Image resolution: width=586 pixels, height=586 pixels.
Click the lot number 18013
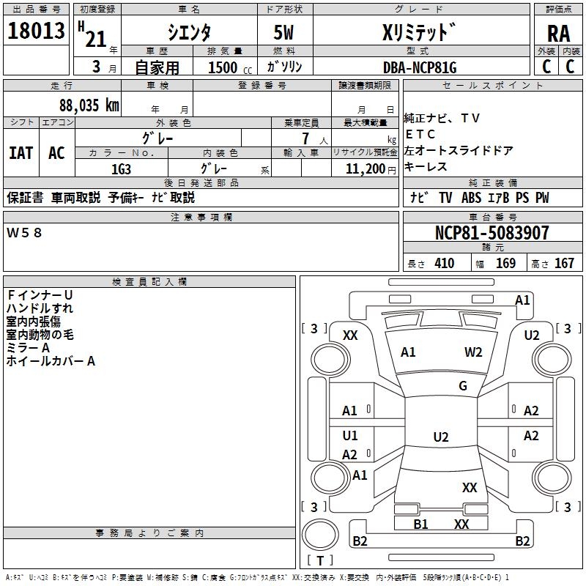point(36,31)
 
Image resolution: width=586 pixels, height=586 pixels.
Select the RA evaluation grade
point(558,34)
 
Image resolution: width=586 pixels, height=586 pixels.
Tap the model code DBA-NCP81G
point(420,67)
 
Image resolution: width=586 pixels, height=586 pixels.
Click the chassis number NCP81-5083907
point(492,233)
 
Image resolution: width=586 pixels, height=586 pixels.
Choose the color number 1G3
point(121,168)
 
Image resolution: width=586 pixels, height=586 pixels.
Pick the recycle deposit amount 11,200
point(364,168)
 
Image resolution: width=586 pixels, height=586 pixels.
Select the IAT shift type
point(21,153)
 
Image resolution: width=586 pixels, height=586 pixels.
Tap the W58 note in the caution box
point(25,232)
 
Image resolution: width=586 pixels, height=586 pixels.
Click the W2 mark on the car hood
point(473,352)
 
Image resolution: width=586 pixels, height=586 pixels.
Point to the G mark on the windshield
point(463,386)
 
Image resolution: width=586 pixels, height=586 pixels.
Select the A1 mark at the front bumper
point(522,300)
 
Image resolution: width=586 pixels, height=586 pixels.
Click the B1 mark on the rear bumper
point(420,524)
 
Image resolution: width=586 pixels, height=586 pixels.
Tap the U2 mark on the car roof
point(440,437)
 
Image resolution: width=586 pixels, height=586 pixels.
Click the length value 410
point(444,264)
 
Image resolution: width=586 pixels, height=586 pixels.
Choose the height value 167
point(564,264)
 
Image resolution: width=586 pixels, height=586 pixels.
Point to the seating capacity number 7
point(305,138)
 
